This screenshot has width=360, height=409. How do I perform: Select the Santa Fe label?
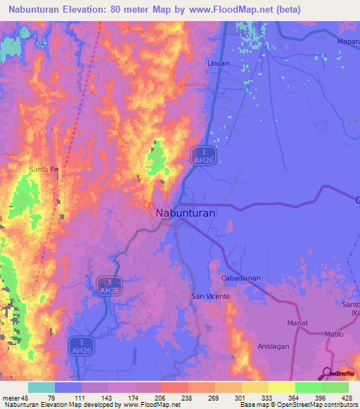click(x=44, y=169)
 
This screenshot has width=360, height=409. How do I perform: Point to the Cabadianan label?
click(x=240, y=278)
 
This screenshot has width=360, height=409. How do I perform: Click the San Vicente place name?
click(x=209, y=297)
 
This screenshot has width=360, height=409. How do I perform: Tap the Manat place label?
click(x=297, y=323)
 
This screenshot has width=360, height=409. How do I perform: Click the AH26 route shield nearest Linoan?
click(x=202, y=156)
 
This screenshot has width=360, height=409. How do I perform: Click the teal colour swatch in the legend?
click(x=41, y=387)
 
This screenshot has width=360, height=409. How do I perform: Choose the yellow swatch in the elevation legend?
click(x=281, y=387)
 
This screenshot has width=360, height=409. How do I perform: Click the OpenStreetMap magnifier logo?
click(x=327, y=373)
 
